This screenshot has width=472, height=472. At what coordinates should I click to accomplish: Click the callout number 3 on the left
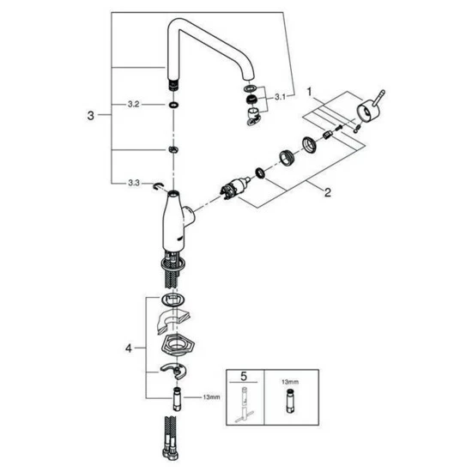coord(92,114)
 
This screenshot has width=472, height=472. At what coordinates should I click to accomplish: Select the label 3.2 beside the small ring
coord(133,104)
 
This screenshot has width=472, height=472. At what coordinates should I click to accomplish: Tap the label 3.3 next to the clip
coord(133,183)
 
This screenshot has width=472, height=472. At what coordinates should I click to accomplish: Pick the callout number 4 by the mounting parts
coord(128,348)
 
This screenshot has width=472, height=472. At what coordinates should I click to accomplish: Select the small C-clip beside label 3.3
coord(156,185)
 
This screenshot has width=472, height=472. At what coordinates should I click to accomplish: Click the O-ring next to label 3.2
coord(172,104)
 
